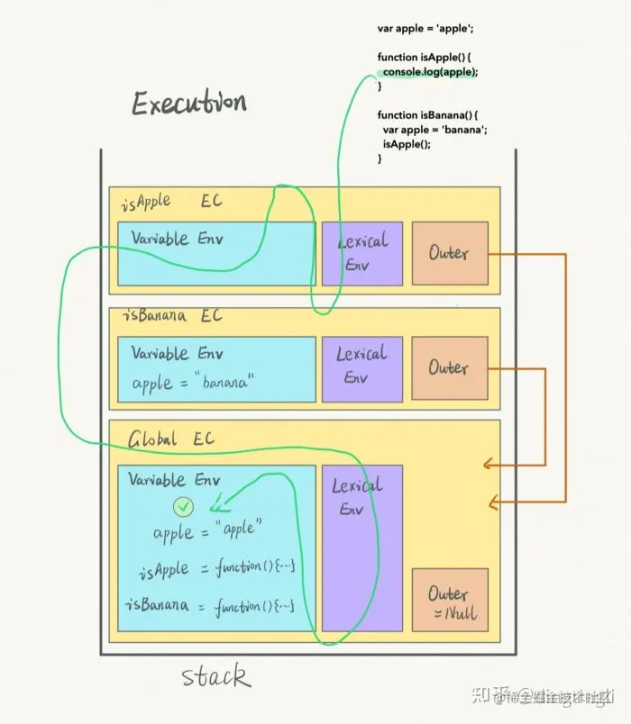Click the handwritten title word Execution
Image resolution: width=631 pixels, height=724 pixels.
point(188,104)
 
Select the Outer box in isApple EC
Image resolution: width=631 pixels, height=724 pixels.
point(449,253)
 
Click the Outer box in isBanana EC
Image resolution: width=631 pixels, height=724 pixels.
point(449,367)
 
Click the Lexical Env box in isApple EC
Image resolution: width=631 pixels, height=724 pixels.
point(362,253)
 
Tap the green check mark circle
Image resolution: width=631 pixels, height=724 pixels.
point(184,505)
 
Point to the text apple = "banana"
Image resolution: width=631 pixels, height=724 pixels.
point(193,383)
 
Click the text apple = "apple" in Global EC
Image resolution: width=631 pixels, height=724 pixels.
point(207,530)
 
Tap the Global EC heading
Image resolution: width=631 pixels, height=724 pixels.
point(171,439)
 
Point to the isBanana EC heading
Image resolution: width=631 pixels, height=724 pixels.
point(171,316)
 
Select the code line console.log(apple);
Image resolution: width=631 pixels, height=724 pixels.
point(429,71)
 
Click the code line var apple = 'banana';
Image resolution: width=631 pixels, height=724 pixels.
point(434,130)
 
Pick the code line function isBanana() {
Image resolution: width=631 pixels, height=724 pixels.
point(427,115)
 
